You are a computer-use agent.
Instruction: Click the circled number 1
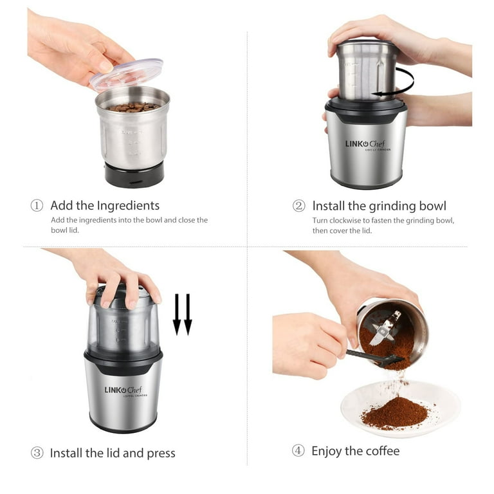point(37,206)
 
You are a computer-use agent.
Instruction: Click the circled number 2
point(298,206)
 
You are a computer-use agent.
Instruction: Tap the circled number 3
point(37,453)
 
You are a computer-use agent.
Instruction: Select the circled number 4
point(298,451)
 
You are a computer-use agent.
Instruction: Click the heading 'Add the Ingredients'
point(105,206)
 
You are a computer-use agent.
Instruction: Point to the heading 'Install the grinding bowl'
point(379,206)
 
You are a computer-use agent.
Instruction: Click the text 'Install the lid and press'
point(113,453)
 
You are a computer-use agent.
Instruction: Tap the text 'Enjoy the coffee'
point(355,451)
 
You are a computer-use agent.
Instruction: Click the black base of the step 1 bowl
point(134,174)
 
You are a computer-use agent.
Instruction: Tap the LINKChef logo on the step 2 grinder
point(365,144)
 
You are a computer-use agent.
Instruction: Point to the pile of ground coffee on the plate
point(394,413)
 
